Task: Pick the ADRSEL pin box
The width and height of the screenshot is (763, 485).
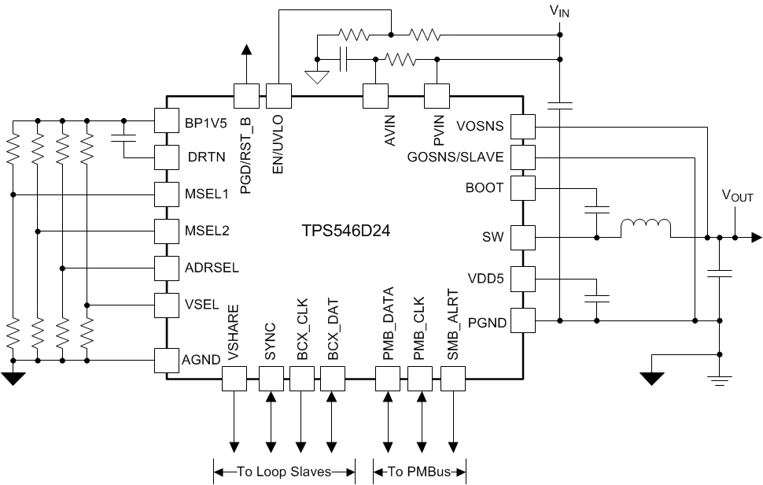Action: (167, 268)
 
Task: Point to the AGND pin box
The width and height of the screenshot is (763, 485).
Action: (167, 360)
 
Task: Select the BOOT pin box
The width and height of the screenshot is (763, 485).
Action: (522, 187)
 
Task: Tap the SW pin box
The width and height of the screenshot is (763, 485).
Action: (522, 236)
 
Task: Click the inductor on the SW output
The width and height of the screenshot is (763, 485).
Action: (645, 228)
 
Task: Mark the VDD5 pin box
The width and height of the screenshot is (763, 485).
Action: (522, 278)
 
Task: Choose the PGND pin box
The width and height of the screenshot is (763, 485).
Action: (522, 320)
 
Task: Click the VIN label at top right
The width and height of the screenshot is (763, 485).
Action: (559, 12)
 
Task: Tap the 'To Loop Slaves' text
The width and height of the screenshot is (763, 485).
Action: (283, 472)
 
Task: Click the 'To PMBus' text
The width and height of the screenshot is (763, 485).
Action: (419, 472)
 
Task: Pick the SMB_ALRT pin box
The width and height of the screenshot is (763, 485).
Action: (453, 379)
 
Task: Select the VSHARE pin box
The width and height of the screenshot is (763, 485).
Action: (234, 379)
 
